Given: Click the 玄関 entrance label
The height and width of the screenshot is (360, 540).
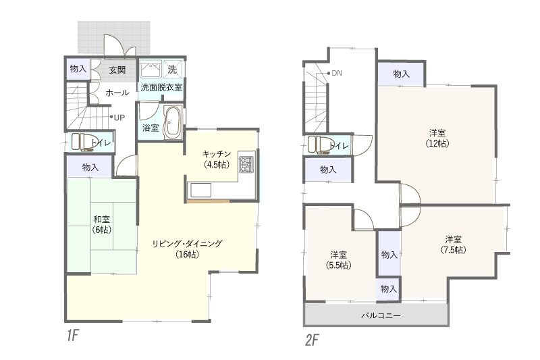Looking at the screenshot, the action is [x=117, y=70].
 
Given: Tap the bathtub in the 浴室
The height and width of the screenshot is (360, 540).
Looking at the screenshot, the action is [x=173, y=122].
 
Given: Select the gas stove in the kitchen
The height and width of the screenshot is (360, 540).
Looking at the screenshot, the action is [x=246, y=164].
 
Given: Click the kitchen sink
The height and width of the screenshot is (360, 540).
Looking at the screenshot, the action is [x=200, y=190].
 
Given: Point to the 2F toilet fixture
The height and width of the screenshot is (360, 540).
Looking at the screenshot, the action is [x=318, y=145].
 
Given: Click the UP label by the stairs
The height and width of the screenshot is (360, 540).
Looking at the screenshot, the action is [x=119, y=118].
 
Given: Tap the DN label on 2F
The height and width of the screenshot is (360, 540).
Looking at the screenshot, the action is [x=337, y=73].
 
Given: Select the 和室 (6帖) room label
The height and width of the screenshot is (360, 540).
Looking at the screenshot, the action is [x=102, y=225].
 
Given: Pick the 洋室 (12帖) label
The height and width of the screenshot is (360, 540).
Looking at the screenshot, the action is [x=437, y=138].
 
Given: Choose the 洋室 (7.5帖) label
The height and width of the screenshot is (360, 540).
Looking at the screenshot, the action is [x=453, y=245].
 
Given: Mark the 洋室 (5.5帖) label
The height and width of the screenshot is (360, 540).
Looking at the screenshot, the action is [x=339, y=260].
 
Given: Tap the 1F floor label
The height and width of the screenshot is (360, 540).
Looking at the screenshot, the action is [x=74, y=336].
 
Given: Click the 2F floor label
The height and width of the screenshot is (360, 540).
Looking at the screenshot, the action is [x=312, y=340].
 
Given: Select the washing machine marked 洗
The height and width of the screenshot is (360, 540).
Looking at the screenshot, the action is [x=172, y=70].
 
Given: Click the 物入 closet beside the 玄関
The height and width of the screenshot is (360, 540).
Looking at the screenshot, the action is [x=78, y=69].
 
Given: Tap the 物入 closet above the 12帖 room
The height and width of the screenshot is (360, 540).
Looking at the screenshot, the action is [x=401, y=74].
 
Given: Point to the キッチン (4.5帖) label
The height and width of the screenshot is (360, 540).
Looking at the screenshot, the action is [x=216, y=159].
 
